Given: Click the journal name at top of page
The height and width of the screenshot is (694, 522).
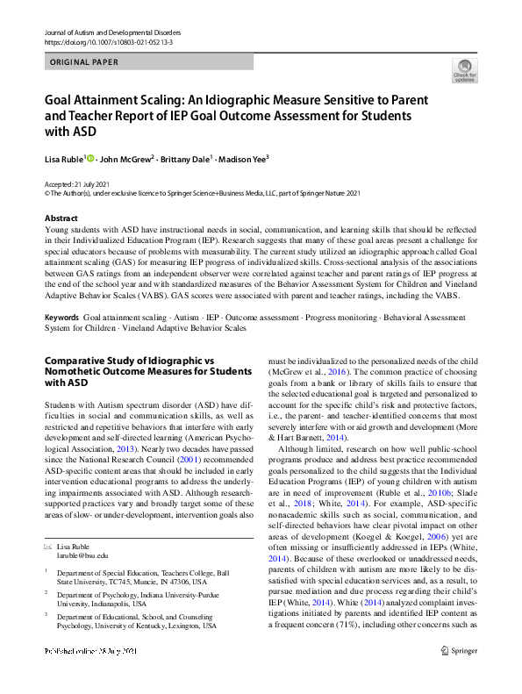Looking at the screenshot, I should coord(106,32).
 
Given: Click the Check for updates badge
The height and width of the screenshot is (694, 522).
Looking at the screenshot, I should coord(465,71).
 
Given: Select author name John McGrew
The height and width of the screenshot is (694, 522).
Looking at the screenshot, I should coord(125,159).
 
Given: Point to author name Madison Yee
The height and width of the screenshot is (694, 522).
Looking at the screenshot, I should coord(240,159).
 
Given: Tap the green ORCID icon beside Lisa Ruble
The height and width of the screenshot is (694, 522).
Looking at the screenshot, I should coord(90,158).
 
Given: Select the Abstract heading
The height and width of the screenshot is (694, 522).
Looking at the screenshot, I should coord(61,218).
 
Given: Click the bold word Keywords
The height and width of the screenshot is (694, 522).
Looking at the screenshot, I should coord(63,316).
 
